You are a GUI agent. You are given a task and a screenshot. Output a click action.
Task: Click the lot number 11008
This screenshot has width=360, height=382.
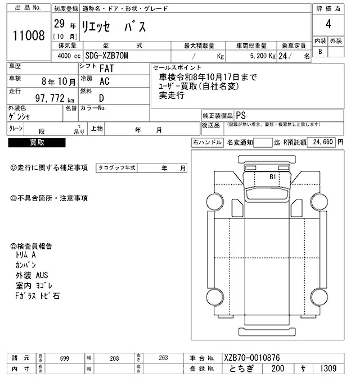coord(29,36)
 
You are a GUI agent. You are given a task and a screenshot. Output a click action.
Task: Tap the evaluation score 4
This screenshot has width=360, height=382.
coord(328,24)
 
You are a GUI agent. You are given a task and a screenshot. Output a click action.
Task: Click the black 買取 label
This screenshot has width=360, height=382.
coord(37,143)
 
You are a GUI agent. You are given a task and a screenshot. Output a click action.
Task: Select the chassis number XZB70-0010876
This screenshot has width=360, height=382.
coord(251,358)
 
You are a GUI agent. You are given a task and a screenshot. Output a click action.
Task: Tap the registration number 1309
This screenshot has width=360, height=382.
coord(326,369)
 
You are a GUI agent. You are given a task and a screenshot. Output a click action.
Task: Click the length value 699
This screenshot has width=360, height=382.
coord(64,358)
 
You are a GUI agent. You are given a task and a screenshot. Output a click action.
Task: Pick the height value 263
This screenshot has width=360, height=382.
coord(163,358)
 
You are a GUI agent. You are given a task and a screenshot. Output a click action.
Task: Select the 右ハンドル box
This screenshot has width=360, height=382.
coord(207,143)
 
